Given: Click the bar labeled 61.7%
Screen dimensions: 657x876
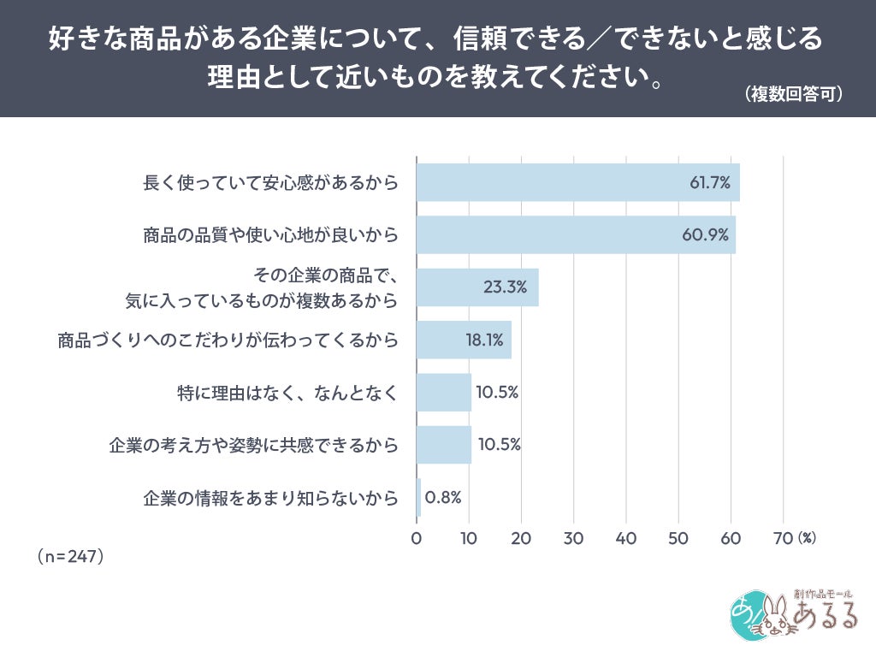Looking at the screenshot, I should [577, 182].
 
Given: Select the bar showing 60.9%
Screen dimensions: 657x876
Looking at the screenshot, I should [576, 234].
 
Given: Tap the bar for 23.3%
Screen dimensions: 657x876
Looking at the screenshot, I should [477, 287].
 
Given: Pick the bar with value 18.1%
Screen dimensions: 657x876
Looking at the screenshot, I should [464, 340].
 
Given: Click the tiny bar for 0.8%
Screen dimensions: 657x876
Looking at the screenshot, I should [419, 497].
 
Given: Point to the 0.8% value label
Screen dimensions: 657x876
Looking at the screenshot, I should [443, 497].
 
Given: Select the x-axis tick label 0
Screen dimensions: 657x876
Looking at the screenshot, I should [417, 539].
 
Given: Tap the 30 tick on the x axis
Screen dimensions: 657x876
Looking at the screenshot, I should [574, 539].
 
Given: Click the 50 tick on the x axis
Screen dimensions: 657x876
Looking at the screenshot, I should [678, 539].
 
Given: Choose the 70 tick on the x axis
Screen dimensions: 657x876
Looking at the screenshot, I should [783, 539].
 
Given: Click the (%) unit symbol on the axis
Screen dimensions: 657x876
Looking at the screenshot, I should [807, 539].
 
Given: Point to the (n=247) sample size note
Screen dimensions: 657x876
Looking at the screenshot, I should [70, 556].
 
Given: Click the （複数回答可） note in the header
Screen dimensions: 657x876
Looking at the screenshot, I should [794, 93].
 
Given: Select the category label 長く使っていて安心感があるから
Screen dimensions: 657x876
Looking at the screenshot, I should [270, 182].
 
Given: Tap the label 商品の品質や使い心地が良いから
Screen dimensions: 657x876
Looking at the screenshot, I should [270, 234].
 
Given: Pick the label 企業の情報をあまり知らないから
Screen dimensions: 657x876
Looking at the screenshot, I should [270, 497].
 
